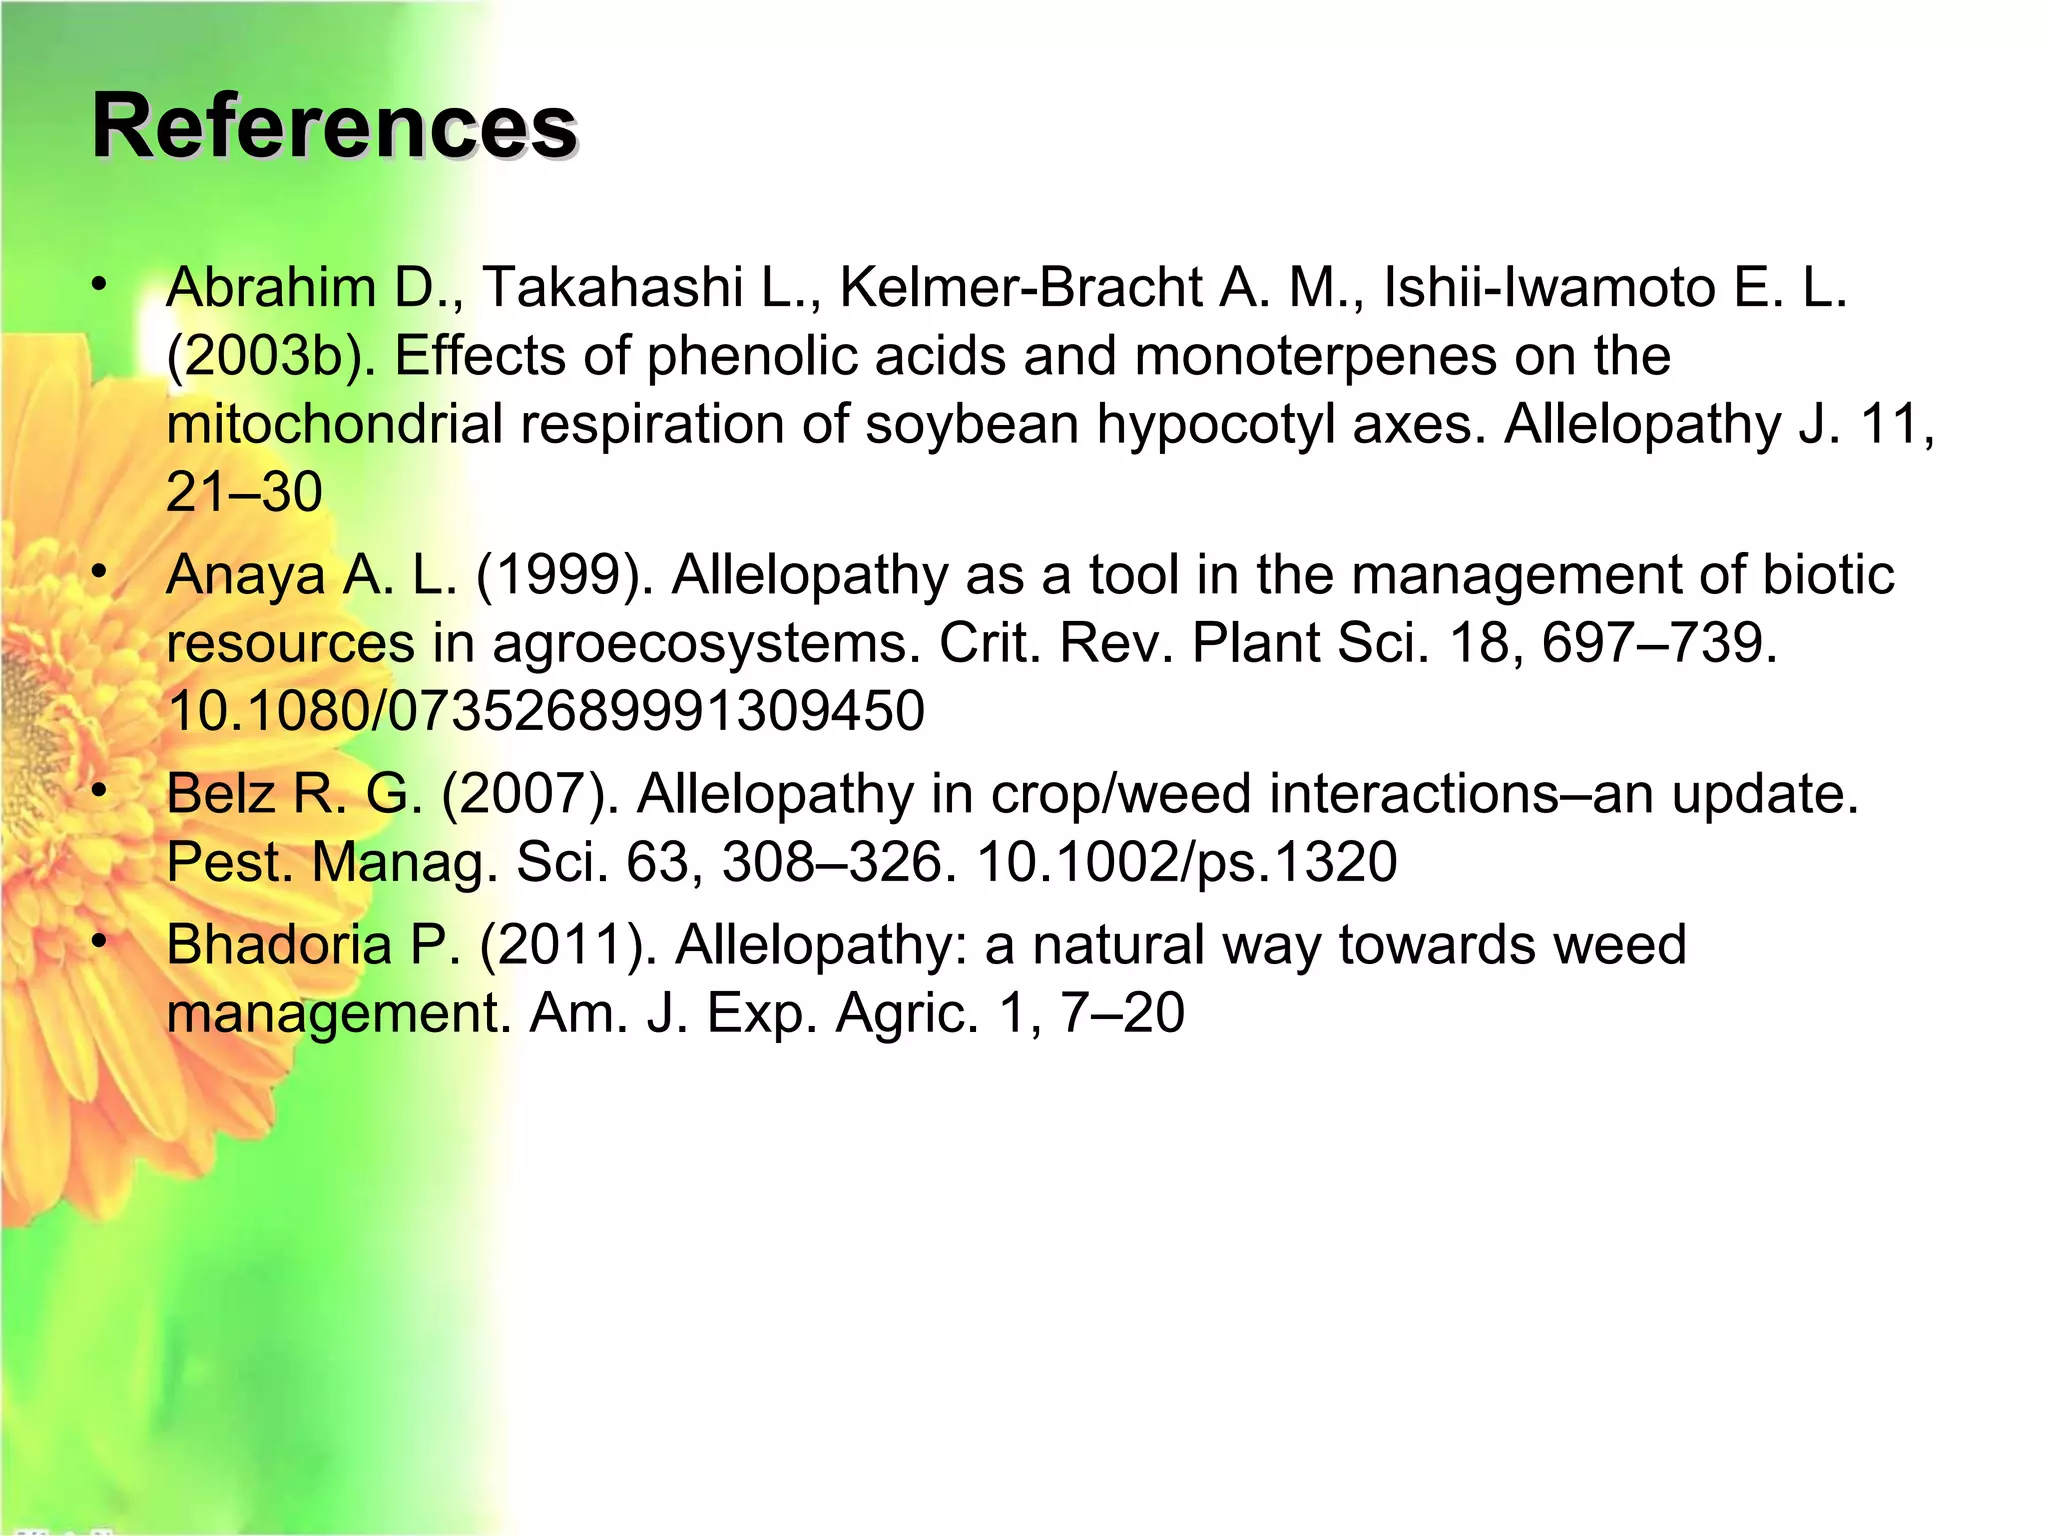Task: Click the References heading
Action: click(x=334, y=126)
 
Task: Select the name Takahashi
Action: click(x=612, y=288)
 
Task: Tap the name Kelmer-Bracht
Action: click(x=1020, y=288)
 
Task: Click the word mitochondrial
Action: click(x=334, y=424)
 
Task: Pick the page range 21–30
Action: click(x=244, y=492)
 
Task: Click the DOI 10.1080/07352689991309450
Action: click(x=546, y=711)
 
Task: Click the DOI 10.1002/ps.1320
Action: click(x=1186, y=862)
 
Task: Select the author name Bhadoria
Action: click(x=279, y=945)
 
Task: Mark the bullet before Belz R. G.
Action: click(x=98, y=792)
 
